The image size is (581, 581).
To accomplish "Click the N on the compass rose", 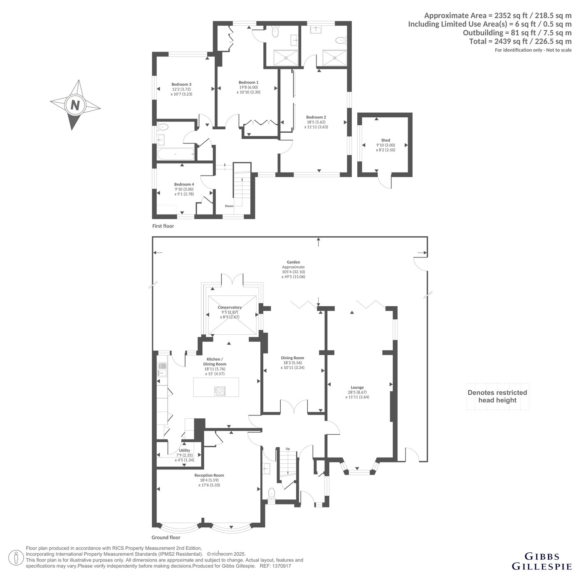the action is (75, 106).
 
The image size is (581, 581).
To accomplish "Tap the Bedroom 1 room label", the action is (248, 82).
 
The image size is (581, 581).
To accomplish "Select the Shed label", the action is (386, 140).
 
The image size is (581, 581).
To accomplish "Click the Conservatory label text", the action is (230, 307).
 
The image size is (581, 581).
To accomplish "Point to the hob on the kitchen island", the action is (220, 391).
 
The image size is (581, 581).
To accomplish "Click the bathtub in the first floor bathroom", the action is (176, 154).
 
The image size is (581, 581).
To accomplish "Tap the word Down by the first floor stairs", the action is (229, 206).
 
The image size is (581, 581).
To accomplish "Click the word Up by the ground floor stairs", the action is (288, 449).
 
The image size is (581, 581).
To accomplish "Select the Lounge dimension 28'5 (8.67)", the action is (357, 392).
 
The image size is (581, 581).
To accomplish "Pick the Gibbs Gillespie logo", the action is (541, 561).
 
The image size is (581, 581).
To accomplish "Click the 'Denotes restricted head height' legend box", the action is (497, 396).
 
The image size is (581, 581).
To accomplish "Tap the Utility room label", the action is (185, 450).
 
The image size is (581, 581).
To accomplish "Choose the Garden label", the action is (293, 262).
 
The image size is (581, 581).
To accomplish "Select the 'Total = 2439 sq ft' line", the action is (520, 41).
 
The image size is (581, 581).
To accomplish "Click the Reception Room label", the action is (209, 475).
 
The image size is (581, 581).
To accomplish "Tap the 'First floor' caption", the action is (163, 226).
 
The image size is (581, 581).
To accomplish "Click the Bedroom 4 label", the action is (184, 184).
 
